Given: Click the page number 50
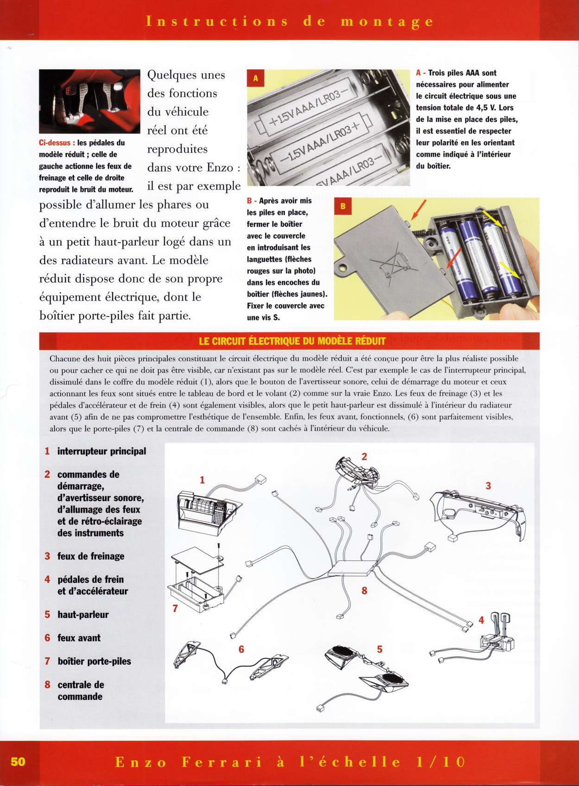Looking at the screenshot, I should pos(18,761).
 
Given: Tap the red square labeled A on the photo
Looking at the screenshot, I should pos(255,78).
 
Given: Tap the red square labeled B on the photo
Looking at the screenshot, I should pos(343,206).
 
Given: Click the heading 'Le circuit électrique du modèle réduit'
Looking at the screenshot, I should pos(292,341).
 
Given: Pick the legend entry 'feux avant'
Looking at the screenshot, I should pos(78,638).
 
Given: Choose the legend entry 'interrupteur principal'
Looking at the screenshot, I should pos(101,451).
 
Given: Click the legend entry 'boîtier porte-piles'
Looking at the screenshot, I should pos(94,661).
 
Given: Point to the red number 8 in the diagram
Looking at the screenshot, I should pos(365,591).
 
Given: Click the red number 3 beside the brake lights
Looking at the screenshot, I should pos(488,486).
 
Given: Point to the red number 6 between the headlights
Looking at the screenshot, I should pos(241,649).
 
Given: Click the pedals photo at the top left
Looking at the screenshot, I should pos(89,101).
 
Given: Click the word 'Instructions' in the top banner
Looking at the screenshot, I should pos(217,21).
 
